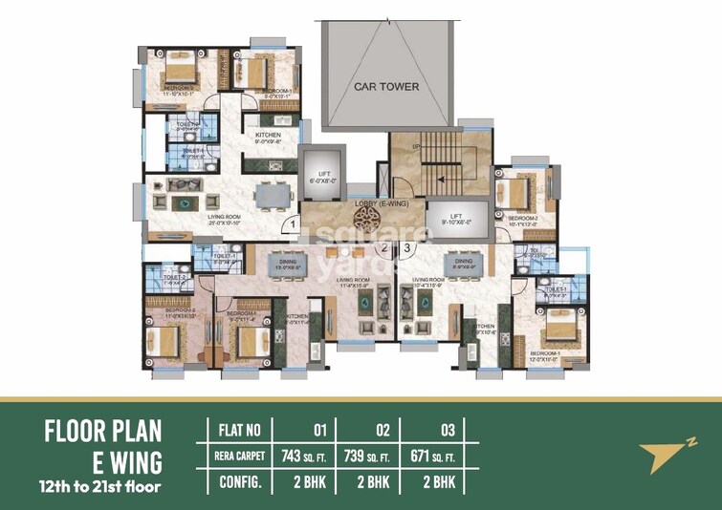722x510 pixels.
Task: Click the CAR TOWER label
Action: coord(386,86)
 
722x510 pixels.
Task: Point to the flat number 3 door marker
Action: coord(406,249)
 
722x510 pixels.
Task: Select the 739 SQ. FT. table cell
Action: coord(368,454)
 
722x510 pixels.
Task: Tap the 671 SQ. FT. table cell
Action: coord(432,454)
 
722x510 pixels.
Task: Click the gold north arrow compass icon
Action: coord(662,456)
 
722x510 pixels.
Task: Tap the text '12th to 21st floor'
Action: coord(103,490)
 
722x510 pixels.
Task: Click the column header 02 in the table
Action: coord(368,428)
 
